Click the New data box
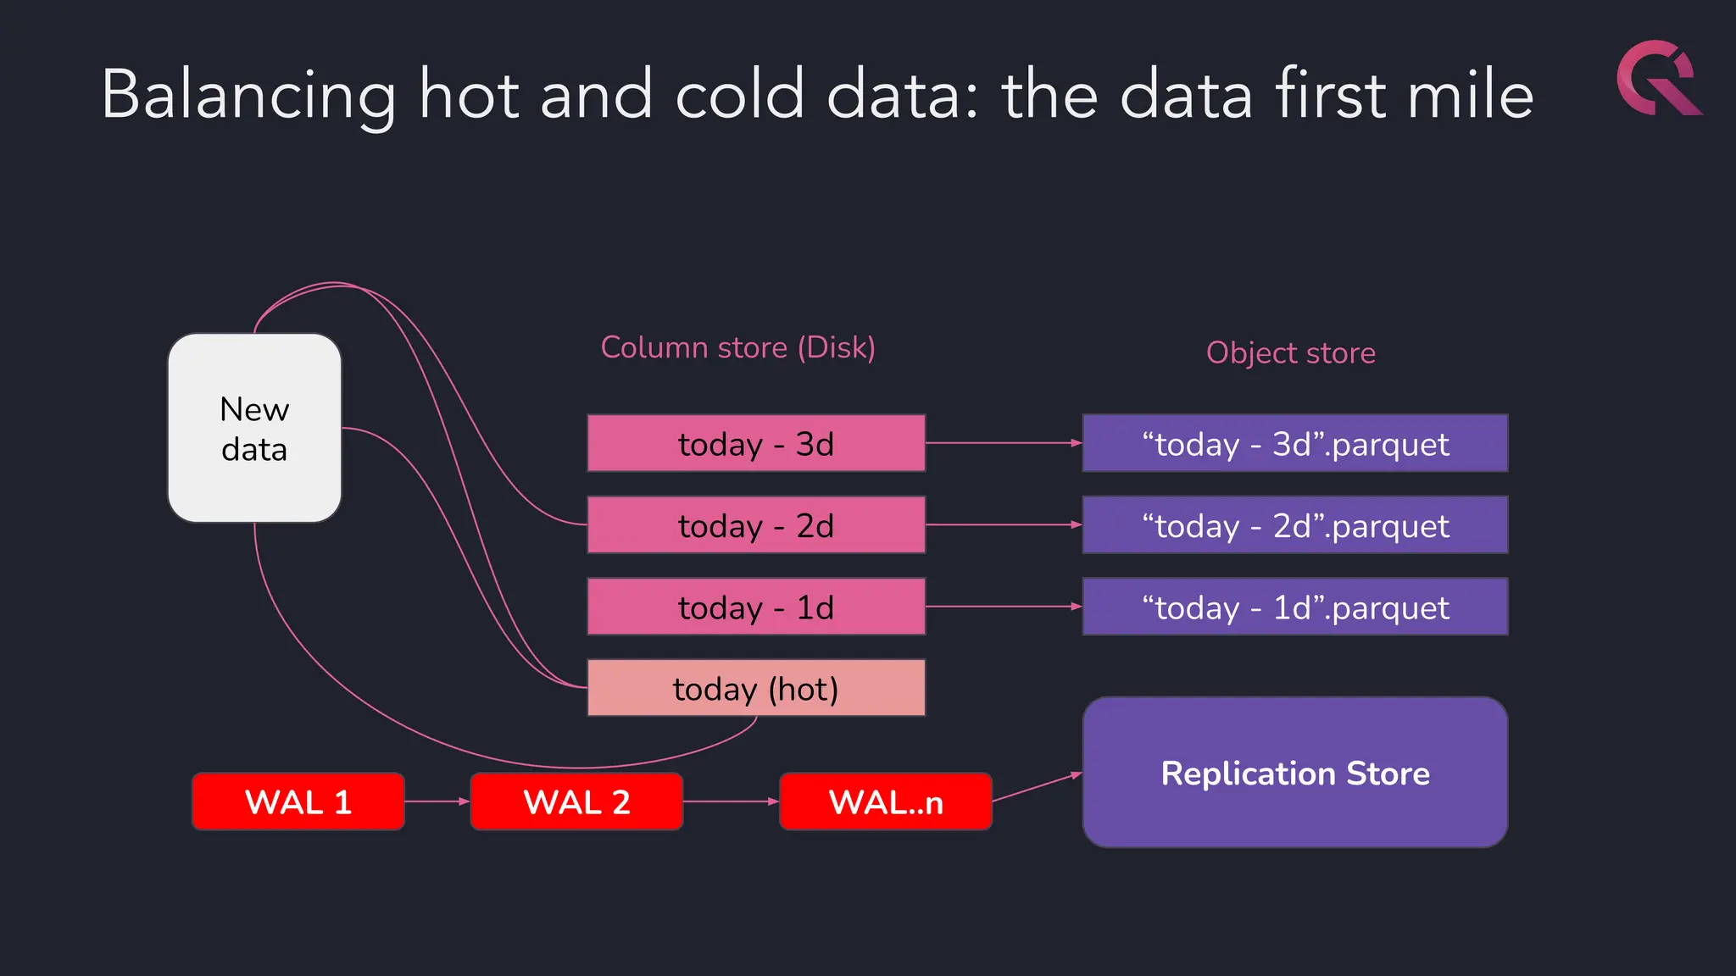point(254,428)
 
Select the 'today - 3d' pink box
point(756,443)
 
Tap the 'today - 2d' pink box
point(756,525)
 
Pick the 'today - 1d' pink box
point(756,607)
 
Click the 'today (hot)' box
point(756,688)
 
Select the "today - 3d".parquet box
point(1294,443)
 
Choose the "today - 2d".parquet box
point(1294,525)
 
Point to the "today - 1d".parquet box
point(1294,607)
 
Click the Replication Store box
point(1294,773)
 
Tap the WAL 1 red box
point(298,801)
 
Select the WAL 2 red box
point(576,801)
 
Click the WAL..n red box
point(885,801)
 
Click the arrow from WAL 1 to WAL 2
point(437,801)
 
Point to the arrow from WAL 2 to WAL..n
point(730,801)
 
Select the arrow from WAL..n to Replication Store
point(1036,787)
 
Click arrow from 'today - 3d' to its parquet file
point(1003,443)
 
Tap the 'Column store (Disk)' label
point(737,347)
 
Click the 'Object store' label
point(1290,352)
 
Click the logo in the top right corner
point(1658,78)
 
